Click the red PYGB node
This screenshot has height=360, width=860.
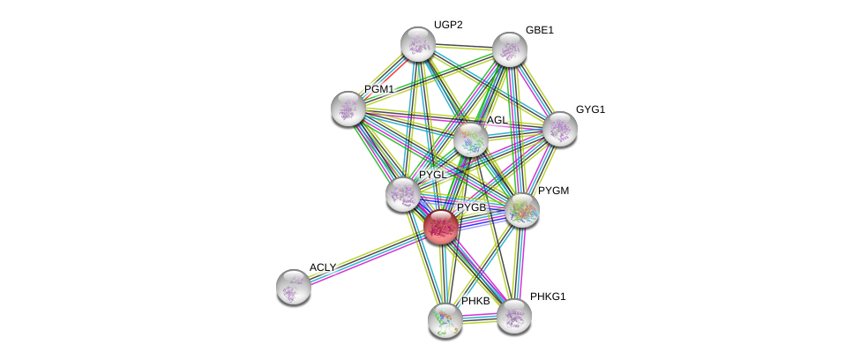click(x=441, y=227)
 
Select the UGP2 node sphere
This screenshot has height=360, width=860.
click(x=417, y=44)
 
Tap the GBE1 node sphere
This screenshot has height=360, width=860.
click(x=509, y=49)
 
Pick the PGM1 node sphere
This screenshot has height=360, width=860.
click(x=348, y=109)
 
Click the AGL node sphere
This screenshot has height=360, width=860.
click(x=470, y=139)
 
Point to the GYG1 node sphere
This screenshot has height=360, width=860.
click(x=559, y=129)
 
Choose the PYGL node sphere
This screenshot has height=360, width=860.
click(x=403, y=194)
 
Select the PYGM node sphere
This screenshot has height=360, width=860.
click(x=521, y=210)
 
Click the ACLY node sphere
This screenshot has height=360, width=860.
click(x=294, y=286)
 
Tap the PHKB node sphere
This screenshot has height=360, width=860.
click(x=445, y=319)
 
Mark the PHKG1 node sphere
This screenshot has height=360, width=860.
click(x=513, y=315)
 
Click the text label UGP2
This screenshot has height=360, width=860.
click(x=447, y=25)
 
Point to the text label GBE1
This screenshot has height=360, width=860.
click(x=539, y=30)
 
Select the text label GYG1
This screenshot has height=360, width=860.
click(x=590, y=109)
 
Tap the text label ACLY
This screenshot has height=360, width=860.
click(x=322, y=267)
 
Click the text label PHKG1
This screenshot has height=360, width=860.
click(x=548, y=296)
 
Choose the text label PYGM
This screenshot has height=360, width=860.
click(x=555, y=191)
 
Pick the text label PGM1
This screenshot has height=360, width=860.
click(x=378, y=89)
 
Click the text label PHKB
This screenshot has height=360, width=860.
click(x=475, y=301)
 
